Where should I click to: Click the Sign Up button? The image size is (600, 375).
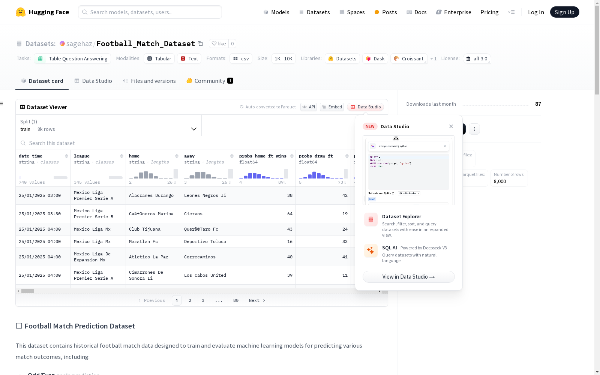click(x=564, y=12)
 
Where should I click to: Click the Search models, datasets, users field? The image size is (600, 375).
click(x=150, y=12)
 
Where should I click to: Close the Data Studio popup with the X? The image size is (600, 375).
click(x=451, y=126)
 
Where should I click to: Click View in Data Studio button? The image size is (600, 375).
click(x=408, y=277)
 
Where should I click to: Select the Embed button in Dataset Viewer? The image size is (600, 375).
click(x=332, y=107)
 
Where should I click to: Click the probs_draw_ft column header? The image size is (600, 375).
click(x=316, y=156)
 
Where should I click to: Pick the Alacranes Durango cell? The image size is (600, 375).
click(x=151, y=195)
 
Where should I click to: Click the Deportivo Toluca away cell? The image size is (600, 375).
click(x=205, y=241)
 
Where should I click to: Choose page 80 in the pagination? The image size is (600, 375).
click(x=236, y=300)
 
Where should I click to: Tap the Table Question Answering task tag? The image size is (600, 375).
click(x=73, y=58)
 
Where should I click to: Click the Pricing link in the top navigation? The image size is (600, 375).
click(x=489, y=12)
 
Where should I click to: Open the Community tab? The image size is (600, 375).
click(x=210, y=81)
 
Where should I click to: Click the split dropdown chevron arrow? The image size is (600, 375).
click(x=194, y=129)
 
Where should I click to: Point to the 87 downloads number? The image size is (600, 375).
click(x=538, y=104)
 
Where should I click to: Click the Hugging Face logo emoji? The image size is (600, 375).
click(x=21, y=12)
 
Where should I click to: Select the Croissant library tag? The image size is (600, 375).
click(x=409, y=58)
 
